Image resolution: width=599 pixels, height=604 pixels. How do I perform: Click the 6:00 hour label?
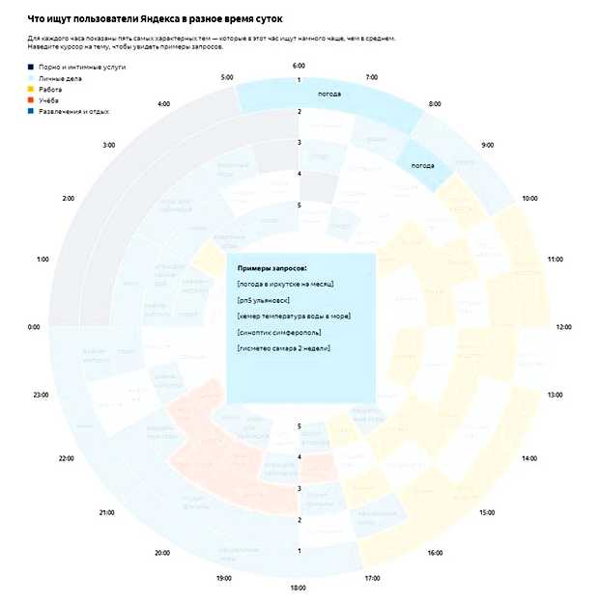click(x=299, y=65)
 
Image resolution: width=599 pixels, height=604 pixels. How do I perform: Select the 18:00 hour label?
click(x=299, y=588)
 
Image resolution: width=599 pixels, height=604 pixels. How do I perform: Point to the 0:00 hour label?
click(x=34, y=327)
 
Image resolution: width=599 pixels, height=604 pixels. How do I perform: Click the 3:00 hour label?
click(x=108, y=145)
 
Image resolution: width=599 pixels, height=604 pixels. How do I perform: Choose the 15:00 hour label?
click(x=487, y=511)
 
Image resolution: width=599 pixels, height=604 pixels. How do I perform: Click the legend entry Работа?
click(x=50, y=89)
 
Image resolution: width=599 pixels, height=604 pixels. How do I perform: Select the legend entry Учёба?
click(x=49, y=100)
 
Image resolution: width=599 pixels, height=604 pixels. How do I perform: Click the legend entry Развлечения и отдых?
click(x=73, y=112)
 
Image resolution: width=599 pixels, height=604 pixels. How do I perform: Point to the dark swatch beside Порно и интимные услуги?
click(x=31, y=67)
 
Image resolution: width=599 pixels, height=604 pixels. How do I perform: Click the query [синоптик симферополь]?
click(x=279, y=332)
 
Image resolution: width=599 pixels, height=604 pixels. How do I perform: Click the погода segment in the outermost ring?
click(x=329, y=96)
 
